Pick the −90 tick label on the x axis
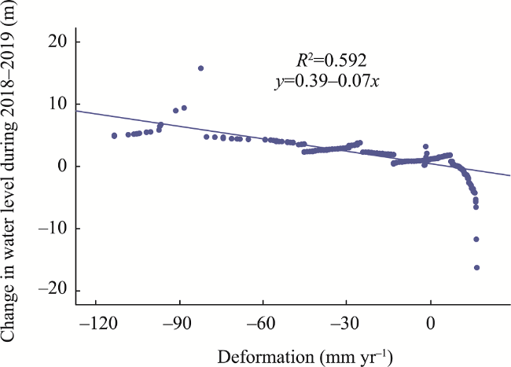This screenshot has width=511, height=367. [x=180, y=323]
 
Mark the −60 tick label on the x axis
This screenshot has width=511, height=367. [x=263, y=323]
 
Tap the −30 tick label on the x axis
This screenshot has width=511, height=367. [x=347, y=323]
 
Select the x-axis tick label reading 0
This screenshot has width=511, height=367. [x=430, y=323]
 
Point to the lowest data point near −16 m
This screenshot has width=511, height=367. [x=476, y=268]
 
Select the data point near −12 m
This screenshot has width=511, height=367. [x=476, y=239]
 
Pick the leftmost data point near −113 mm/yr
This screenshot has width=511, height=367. [x=114, y=136]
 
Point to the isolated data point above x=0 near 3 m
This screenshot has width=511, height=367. [x=426, y=147]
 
